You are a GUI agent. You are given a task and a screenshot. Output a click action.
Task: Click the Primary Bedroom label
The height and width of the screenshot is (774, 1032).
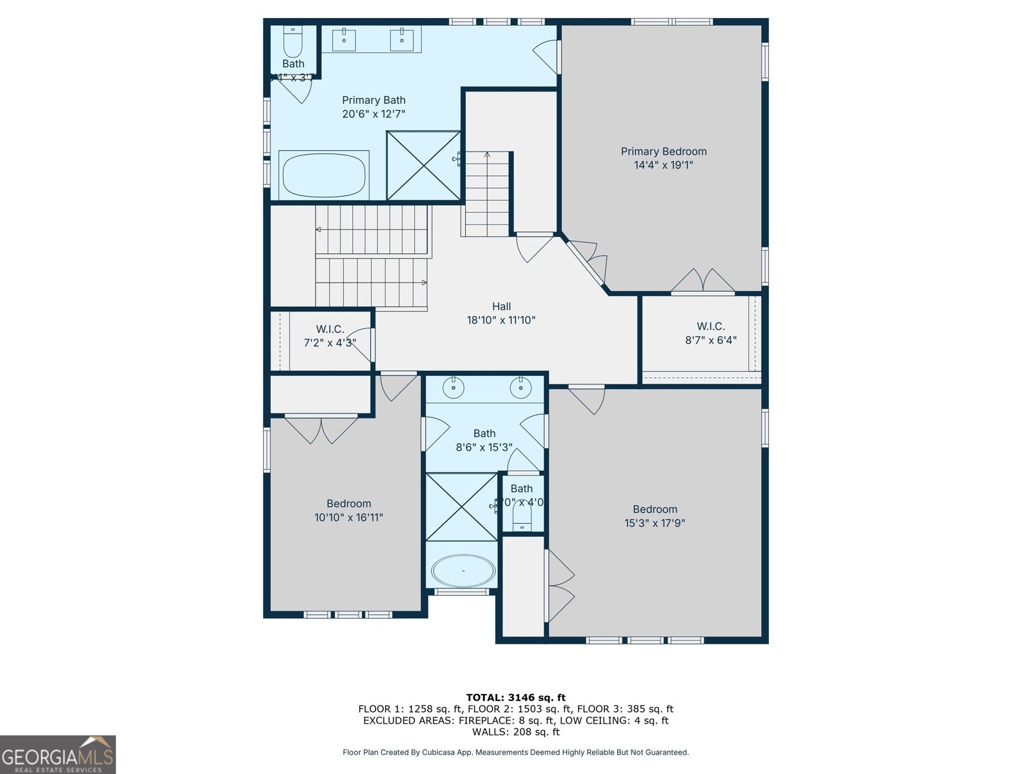663,152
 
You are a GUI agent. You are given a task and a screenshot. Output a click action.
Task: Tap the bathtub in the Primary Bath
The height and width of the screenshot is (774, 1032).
324,175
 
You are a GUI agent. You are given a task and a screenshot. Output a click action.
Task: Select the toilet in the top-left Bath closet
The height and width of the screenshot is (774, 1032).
293,42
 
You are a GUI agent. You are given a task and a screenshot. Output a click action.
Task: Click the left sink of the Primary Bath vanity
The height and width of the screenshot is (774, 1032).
344,39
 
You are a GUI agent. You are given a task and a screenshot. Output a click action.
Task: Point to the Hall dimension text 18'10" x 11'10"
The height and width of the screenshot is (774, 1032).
501,320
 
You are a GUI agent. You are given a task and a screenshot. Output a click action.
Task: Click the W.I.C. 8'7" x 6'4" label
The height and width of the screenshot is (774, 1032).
710,333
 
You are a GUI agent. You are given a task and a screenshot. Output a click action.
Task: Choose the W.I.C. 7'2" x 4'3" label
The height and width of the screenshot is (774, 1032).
330,336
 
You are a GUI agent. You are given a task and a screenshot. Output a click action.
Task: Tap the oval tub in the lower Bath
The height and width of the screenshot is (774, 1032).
462,571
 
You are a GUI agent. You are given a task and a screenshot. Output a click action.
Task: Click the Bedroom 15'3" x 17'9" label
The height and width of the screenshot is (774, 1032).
655,516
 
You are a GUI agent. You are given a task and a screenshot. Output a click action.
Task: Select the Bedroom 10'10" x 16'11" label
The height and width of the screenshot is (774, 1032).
348,510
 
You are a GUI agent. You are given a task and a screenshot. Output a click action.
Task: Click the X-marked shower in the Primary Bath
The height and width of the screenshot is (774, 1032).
424,165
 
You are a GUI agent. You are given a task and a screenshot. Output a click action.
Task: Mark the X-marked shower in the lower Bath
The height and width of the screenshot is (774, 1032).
462,507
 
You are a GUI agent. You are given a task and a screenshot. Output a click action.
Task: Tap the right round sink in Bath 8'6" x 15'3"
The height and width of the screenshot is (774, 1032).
521,388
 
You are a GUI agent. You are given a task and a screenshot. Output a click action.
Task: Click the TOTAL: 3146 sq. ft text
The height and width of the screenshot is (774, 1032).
515,697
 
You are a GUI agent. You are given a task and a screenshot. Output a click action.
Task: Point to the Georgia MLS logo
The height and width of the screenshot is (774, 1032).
58,755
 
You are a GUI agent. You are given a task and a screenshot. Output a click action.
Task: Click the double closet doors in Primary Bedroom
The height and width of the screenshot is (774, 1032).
702,281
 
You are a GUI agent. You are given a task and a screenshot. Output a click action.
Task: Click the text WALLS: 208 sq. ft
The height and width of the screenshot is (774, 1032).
515,732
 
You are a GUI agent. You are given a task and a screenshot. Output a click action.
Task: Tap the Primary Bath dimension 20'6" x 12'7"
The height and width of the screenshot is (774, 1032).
373,114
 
